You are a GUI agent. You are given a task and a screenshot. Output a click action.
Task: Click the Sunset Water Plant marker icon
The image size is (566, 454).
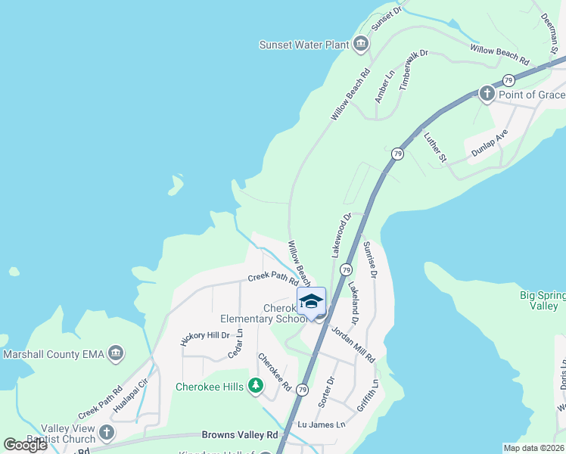pos(360,45)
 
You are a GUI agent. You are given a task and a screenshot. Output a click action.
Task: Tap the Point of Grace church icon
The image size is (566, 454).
pos(487,94)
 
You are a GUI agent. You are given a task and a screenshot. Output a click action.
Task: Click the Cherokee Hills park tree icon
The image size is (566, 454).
pos(257,387)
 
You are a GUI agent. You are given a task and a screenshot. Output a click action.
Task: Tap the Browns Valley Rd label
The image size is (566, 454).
pos(240,435)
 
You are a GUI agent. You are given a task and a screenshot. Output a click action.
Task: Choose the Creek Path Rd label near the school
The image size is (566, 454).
pos(273,278)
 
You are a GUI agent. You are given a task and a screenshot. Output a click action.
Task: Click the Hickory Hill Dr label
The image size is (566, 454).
pos(204,339)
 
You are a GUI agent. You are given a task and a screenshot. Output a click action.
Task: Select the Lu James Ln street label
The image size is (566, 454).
pos(321,424)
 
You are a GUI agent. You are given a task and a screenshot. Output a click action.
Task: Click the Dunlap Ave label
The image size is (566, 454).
pos(490,141)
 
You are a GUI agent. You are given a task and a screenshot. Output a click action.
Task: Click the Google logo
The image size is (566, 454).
pos(26,445)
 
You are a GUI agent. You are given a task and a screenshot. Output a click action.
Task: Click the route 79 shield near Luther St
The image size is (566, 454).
pos(397,154)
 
